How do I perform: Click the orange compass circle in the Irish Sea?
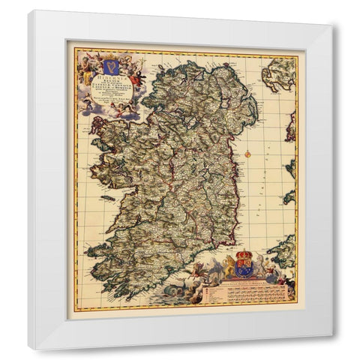click(246, 152)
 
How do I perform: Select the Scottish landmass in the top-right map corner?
click(280, 73)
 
